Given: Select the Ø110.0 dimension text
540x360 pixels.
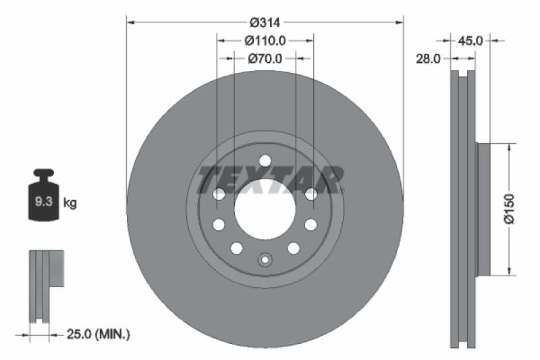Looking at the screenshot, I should (x=265, y=41).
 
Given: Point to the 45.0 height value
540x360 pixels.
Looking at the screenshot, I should (x=470, y=41).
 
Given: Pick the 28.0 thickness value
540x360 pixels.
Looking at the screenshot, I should (x=428, y=59).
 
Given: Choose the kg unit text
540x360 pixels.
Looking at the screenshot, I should (x=70, y=202).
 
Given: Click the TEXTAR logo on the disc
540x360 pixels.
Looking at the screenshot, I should (x=270, y=180).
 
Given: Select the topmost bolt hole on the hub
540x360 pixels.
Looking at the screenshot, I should (x=265, y=161).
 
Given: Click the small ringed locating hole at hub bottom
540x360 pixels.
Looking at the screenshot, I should (x=265, y=257).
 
